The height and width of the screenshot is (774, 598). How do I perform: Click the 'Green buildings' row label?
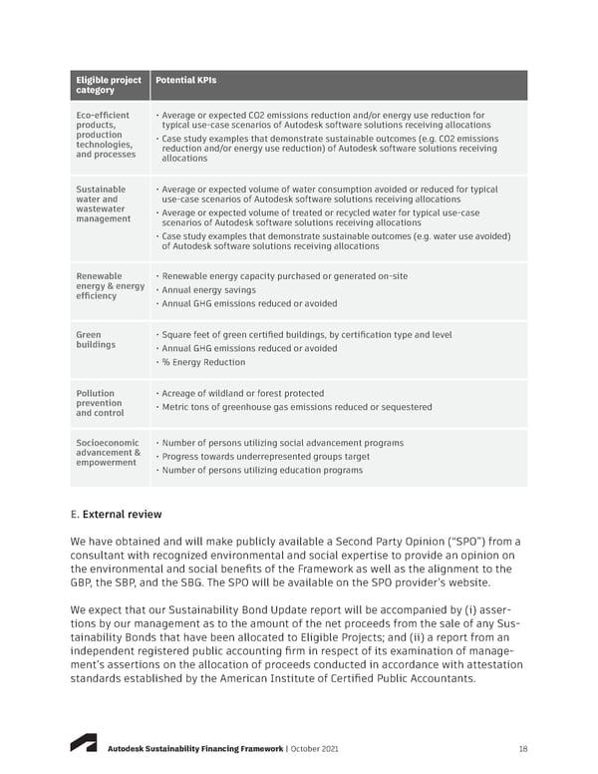96,340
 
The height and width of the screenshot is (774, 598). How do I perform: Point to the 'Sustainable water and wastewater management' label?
103,204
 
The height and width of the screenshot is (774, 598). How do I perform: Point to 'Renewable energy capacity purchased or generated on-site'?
283,276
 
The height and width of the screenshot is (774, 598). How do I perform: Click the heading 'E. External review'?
118,515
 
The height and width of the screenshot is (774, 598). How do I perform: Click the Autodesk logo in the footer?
83,743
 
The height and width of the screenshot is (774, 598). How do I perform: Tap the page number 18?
522,749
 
